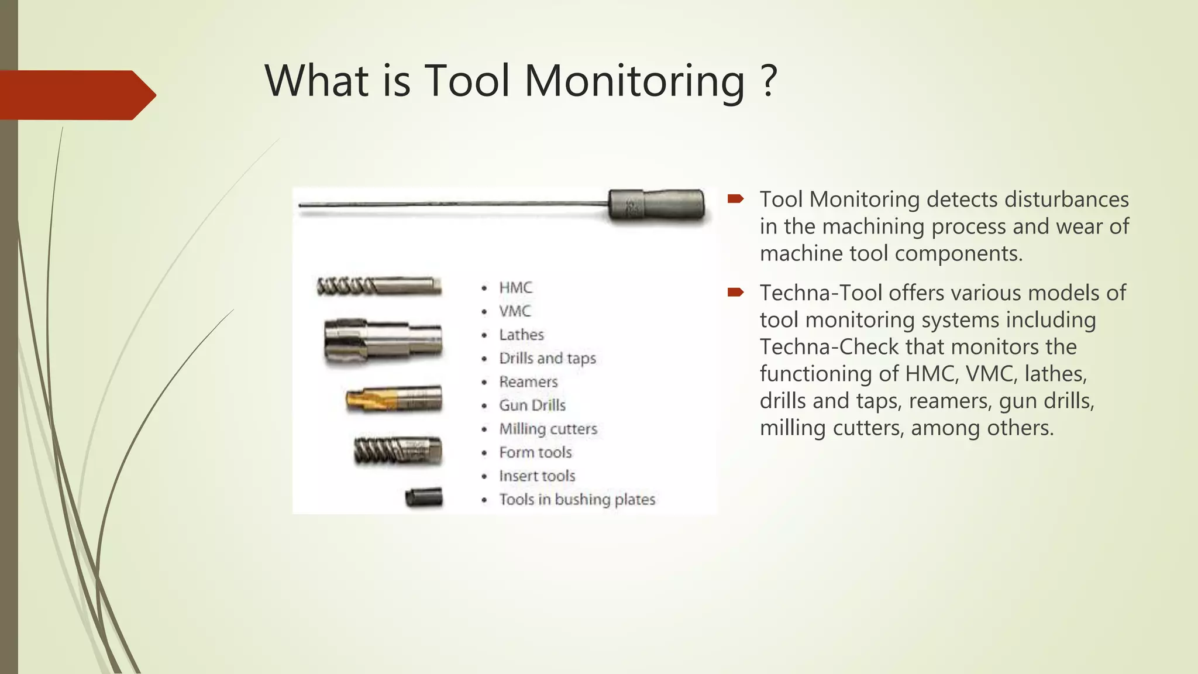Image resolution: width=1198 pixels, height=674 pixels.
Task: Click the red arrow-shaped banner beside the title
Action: click(76, 95)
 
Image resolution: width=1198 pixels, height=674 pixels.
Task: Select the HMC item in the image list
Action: click(515, 288)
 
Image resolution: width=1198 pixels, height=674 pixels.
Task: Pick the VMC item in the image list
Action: click(515, 311)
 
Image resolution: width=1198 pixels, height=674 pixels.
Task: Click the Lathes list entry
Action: click(521, 335)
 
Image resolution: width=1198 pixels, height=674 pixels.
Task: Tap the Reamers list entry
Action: click(528, 382)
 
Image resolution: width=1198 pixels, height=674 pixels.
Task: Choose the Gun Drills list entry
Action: click(532, 405)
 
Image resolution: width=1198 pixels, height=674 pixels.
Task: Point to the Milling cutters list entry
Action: click(548, 429)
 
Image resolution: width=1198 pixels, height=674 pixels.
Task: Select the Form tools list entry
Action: click(535, 452)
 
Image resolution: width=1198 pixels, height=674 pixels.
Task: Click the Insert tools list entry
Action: click(537, 476)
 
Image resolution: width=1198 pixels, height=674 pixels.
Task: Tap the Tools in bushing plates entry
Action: click(577, 500)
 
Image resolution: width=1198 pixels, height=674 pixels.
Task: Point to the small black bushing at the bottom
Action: click(424, 498)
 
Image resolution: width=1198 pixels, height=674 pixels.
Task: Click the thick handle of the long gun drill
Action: click(656, 205)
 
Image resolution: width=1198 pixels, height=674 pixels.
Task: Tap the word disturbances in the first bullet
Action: click(1066, 200)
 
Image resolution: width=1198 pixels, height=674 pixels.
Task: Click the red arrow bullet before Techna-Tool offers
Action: click(735, 292)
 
